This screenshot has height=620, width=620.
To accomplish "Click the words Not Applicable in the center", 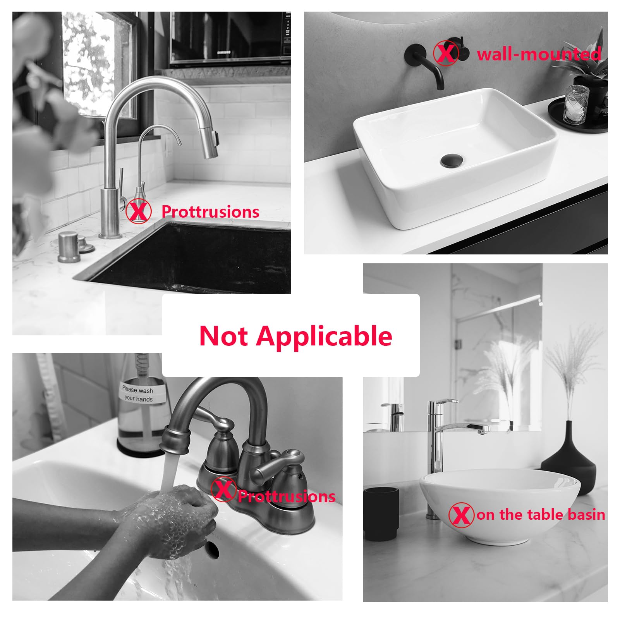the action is (x=295, y=336).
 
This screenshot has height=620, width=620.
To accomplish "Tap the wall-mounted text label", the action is (x=539, y=53).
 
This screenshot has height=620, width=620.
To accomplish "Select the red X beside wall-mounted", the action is (x=446, y=53).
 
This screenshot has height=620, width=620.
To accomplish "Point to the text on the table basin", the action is (x=541, y=515).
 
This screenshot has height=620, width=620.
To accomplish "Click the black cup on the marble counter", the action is (x=382, y=513).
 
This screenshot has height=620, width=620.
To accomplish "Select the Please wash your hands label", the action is (x=138, y=394).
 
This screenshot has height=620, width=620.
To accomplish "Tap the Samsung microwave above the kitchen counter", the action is (x=230, y=38).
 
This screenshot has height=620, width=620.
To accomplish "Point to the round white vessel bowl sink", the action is (x=500, y=506).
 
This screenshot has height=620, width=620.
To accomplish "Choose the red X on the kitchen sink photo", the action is (x=138, y=211).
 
